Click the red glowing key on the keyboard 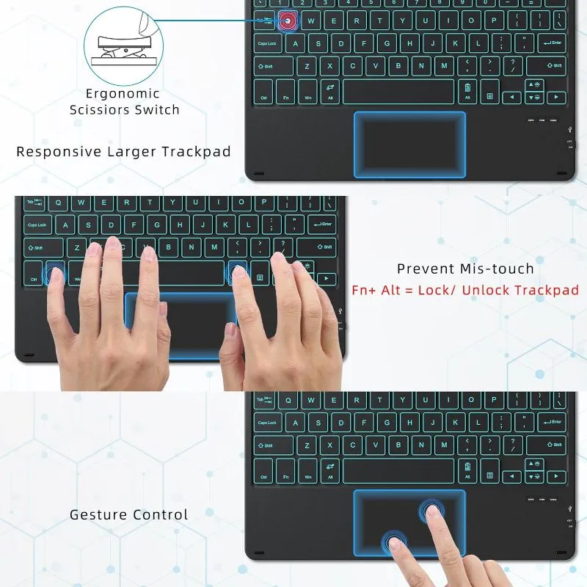[x=287, y=21]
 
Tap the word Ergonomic [x=123, y=94]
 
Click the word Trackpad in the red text [x=547, y=290]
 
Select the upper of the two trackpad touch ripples [x=431, y=511]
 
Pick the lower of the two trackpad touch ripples [x=395, y=543]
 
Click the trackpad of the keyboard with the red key [x=409, y=144]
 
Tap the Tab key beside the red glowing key [x=264, y=21]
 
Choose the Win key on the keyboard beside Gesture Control [x=308, y=470]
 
